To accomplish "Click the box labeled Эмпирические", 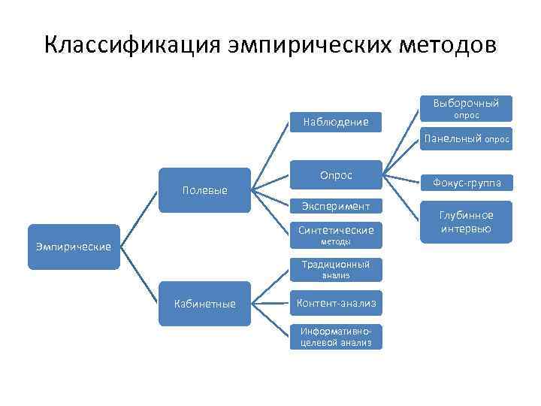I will (x=74, y=247).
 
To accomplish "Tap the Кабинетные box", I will (x=205, y=304).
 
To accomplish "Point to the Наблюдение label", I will (x=335, y=122).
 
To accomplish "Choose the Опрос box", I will (x=336, y=175).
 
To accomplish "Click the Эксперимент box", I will (x=336, y=205).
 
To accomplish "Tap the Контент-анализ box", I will (x=336, y=303).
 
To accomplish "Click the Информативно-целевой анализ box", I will (x=336, y=337).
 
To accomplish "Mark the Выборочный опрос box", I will (x=466, y=108).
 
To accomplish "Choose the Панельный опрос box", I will (x=466, y=139).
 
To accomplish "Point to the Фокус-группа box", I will (x=466, y=183).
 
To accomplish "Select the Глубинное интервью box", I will (x=466, y=222).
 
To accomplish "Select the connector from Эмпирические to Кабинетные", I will (x=140, y=275).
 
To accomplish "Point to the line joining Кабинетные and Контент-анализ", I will (x=270, y=303).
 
